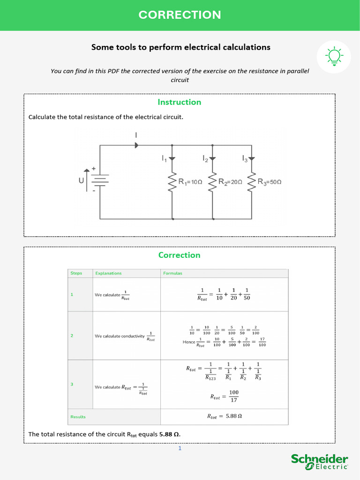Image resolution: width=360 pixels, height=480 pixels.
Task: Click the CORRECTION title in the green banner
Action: point(180,15)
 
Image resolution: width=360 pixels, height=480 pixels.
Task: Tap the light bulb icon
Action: point(334,56)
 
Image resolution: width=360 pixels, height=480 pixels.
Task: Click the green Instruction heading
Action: point(179,102)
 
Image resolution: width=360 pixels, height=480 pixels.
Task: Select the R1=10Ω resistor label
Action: point(190,182)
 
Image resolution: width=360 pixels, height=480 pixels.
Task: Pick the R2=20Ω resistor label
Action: point(230,182)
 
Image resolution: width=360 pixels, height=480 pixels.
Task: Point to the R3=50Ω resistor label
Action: point(270,182)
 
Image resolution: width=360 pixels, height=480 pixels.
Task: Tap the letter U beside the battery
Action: point(81,180)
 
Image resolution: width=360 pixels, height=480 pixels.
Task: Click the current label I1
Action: point(164,159)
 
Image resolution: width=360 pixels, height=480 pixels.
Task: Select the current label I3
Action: point(245,159)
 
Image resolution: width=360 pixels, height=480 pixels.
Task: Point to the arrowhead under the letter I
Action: point(136,145)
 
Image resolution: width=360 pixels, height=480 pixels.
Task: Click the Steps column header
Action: point(76,273)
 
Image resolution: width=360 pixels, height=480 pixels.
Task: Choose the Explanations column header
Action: point(108,273)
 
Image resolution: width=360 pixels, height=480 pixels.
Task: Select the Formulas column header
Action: point(172,273)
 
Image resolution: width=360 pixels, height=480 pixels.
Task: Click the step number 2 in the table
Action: point(72,336)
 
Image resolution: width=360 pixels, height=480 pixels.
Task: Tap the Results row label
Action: point(78,417)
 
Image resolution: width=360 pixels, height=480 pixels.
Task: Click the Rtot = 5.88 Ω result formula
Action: point(224,416)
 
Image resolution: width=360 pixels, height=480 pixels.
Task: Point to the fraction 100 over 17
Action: point(233,397)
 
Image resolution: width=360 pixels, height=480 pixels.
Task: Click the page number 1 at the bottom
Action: point(180,449)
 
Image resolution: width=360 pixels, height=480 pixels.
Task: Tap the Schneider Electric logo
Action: point(320,462)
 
